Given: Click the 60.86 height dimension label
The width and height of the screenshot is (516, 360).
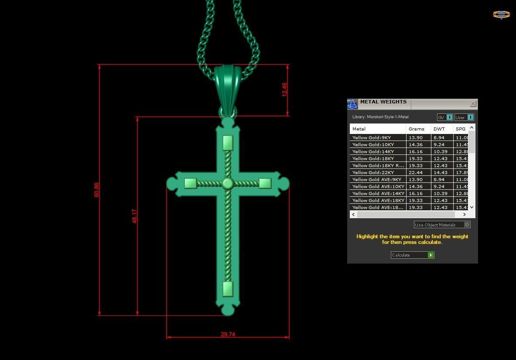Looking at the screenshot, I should point(96,190).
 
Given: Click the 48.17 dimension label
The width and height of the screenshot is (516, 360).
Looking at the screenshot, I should point(134,216).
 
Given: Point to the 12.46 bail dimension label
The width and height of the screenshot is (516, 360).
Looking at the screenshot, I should point(284,89).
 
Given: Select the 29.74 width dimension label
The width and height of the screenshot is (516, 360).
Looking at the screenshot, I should point(228,334).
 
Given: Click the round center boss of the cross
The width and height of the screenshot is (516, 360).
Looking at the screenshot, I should point(227,183).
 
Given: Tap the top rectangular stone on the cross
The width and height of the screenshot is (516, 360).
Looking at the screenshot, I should point(228,143).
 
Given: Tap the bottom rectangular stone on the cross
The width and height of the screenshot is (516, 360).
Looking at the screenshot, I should point(228,288).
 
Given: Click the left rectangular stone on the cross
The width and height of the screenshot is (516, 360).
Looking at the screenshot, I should point(190,183).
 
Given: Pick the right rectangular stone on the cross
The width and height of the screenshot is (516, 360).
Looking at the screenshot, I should point(265,183).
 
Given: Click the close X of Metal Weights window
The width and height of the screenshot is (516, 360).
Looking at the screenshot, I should point(473,104).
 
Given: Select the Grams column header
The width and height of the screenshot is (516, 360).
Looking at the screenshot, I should point(416,129).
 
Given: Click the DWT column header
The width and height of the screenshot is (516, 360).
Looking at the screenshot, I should point(439,129).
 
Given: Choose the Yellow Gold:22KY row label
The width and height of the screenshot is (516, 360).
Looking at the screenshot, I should point(373,172).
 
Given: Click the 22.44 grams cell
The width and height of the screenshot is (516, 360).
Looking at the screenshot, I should point(415,172).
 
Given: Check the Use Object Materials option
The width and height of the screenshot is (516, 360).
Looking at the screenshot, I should point(467,225).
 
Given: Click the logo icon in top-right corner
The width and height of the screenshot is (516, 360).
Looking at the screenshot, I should point(501,15).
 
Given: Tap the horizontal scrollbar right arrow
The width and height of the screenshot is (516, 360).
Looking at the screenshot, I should point(464,214).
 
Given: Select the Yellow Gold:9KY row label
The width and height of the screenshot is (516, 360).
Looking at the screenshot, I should point(372,137).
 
